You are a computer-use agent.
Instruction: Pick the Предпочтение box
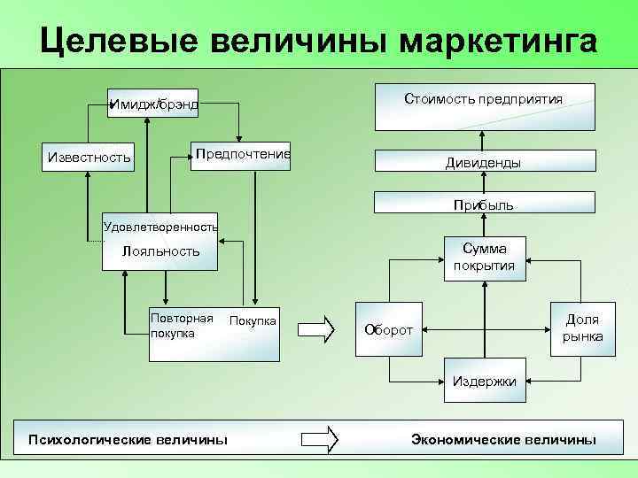242,155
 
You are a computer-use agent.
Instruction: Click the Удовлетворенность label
160,227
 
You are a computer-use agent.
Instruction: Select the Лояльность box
160,251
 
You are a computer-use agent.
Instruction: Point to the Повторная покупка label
182,326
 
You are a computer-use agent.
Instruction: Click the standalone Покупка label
253,320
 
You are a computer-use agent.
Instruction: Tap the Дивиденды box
483,162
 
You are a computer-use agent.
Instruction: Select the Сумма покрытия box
484,258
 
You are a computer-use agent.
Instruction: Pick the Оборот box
389,329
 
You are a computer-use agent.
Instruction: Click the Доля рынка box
581,328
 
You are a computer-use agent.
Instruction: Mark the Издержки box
484,382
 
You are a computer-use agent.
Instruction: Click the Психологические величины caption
128,439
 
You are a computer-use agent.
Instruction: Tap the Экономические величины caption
503,439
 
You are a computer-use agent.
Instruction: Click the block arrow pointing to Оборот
316,328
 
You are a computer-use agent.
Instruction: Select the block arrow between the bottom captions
321,439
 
